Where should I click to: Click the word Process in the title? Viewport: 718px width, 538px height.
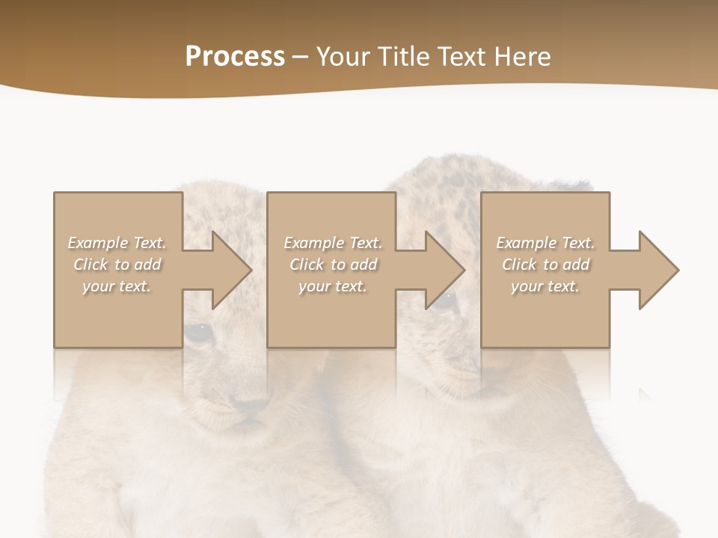tap(235, 57)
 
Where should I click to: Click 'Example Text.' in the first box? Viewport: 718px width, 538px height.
tap(117, 243)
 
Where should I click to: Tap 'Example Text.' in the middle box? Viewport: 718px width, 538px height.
tap(333, 243)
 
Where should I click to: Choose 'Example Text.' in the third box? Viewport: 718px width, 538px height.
tap(545, 243)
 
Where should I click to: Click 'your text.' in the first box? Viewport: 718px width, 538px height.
tap(117, 286)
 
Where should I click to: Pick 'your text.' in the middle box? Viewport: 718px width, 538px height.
tap(333, 286)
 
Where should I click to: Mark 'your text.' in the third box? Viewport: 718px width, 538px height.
tap(545, 286)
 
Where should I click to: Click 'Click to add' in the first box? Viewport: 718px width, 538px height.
tap(117, 265)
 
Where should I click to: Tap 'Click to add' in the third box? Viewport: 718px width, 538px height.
tap(545, 265)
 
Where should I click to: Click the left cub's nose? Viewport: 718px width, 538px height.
tap(251, 406)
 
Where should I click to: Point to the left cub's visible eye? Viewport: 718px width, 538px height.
tap(198, 331)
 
